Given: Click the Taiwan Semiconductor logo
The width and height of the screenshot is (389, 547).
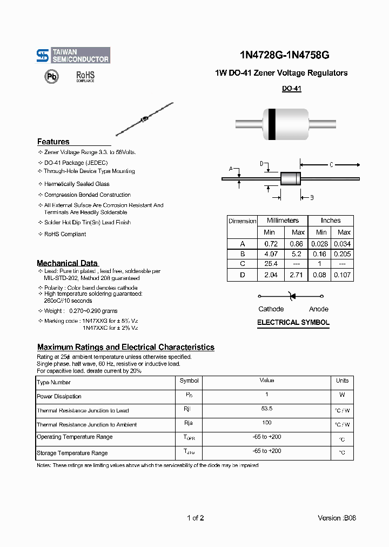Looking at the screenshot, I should point(73,55).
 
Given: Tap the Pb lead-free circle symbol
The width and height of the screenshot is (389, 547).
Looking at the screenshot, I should point(51,77).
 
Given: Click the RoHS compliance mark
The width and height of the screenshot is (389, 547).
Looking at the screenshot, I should point(85,76).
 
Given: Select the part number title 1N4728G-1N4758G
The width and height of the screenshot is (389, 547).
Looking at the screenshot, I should point(284,55).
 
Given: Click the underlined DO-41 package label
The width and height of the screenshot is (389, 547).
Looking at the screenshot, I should point(291,89).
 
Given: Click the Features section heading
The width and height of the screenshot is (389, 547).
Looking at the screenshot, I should point(53,142).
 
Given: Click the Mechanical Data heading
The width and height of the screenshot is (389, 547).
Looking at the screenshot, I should point(67,263).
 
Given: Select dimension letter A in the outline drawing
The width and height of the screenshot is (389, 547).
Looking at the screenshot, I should point(231,169).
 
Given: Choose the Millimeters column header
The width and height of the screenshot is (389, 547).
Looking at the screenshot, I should point(283,221).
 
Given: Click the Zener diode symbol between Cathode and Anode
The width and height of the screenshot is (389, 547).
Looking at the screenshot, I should point(292,296).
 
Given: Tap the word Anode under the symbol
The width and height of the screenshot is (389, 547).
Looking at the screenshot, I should point(318,309).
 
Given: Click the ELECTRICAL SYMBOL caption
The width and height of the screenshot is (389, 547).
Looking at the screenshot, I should point(293,322).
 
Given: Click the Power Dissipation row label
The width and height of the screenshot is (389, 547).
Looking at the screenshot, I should point(59,396).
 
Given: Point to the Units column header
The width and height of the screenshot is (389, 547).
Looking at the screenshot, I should point(342,381).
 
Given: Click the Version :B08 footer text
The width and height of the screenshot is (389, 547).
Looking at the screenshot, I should point(337,518).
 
